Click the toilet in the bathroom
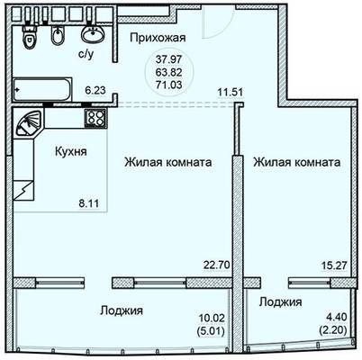point(29,36)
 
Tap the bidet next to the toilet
point(58,36)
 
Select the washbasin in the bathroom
point(93,33)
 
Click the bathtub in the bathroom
point(42,90)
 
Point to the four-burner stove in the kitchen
point(95,118)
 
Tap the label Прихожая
point(158,38)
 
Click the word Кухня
point(71,151)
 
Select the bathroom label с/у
point(86,55)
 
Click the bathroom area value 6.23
point(95,90)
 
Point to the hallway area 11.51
point(230,92)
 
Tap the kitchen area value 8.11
point(88,203)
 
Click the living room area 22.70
point(217,265)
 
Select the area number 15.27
point(334,265)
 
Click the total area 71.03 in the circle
point(168,85)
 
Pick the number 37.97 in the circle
point(168,59)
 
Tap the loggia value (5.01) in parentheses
point(211,331)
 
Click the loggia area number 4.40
point(337,317)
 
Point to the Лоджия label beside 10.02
point(122,310)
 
